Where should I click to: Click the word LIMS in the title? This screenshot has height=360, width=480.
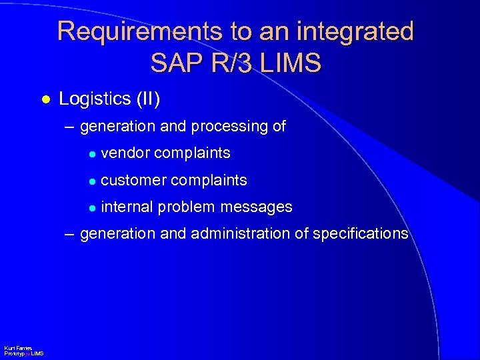291,63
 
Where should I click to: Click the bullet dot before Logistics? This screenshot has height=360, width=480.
45,99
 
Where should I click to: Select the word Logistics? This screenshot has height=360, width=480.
95,99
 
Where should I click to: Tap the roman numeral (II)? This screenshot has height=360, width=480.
148,99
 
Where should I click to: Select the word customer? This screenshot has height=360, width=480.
133,181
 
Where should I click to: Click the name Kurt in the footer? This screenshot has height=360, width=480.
9,349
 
